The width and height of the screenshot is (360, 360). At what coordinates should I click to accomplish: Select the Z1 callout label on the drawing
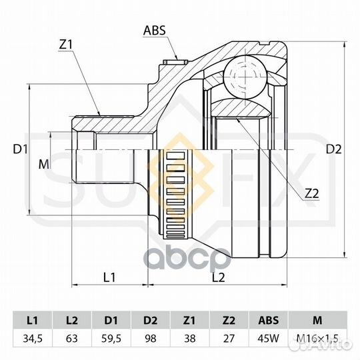[x=65, y=45]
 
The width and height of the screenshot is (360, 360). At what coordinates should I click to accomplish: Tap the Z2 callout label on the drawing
[x=311, y=193]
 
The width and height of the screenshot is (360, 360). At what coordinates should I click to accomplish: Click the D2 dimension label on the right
[x=333, y=149]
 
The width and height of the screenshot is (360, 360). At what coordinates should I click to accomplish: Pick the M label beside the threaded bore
[x=44, y=163]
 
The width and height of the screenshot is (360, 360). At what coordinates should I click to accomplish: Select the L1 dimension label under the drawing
[x=109, y=275]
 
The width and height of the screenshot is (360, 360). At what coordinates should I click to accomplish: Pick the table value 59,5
[x=111, y=339]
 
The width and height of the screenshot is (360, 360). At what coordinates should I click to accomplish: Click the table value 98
[x=151, y=339]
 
